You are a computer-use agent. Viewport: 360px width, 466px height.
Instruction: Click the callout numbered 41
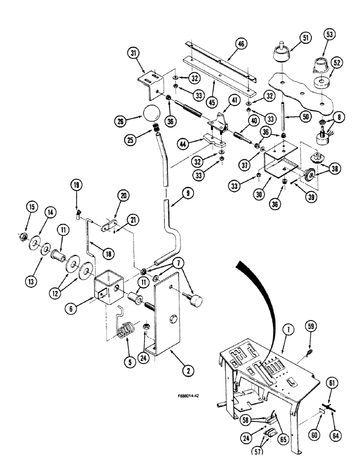click(x=233, y=100)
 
